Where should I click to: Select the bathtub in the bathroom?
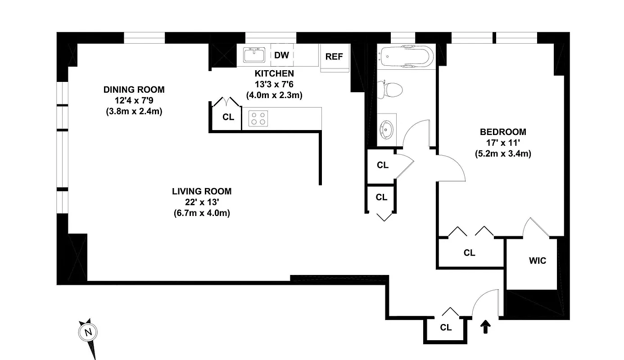pos(406,56)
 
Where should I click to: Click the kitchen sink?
pos(254,55)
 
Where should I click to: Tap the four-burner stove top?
pos(258,118)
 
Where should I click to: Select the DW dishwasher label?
pos(281,55)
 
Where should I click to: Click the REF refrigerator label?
pos(334,57)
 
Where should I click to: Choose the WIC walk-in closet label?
pos(537,261)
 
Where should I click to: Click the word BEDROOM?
pos(503,132)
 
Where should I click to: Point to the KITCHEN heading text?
pos(274,73)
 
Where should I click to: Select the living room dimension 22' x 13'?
pos(202,202)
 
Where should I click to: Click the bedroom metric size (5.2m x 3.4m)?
pos(503,153)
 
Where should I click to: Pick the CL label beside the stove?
pos(228,117)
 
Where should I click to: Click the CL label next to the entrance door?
pos(446,328)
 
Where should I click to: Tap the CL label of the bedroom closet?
pos(469,253)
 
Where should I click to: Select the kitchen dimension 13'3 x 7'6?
pos(274,84)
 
